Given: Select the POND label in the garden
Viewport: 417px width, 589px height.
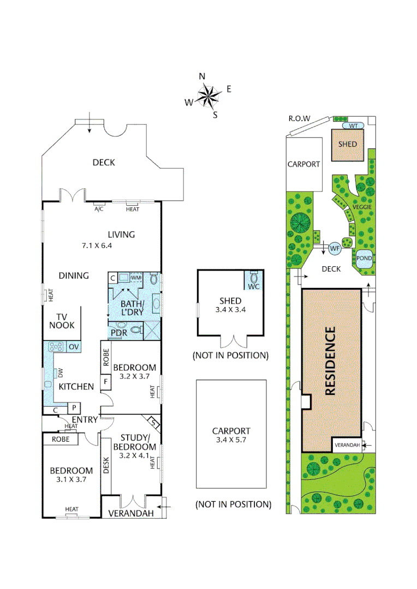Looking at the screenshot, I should pos(364,258).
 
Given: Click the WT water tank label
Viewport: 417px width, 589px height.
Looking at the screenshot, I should pos(354,125).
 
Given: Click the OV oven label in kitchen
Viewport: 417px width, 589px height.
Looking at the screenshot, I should pos(73,346).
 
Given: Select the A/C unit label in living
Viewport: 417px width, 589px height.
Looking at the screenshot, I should pos(99,209).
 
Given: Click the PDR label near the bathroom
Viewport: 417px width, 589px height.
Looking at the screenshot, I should pos(119,332).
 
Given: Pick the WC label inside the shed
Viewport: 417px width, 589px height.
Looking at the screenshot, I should pos(253,286).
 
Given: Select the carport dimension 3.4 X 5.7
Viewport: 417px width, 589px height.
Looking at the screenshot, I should pos(232,440).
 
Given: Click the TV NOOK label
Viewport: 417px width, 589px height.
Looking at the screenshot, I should pos(62,321).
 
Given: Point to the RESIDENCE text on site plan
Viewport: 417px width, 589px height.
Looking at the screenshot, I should pos(331,360).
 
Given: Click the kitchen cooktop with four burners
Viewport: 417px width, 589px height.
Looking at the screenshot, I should pos(56,346).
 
